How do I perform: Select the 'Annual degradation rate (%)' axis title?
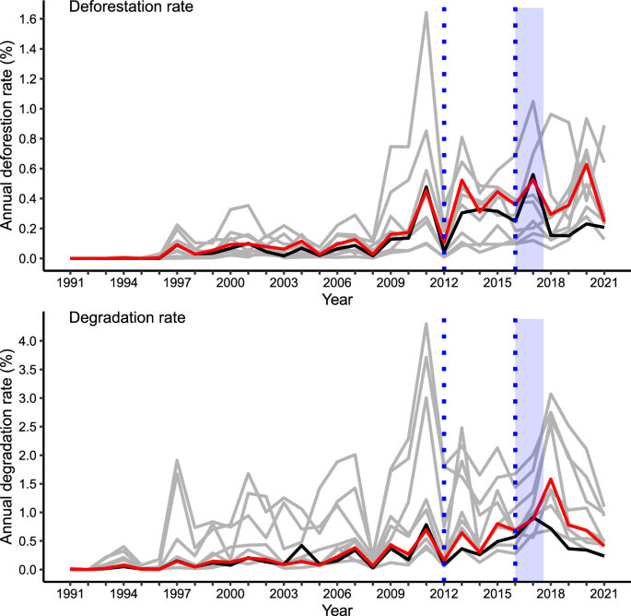11,447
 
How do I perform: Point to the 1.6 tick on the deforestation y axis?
40,18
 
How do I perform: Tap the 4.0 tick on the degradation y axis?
40,340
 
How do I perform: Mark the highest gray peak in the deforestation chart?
427,12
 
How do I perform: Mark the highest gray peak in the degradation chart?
427,323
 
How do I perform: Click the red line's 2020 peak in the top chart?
585,164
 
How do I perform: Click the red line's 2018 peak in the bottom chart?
550,479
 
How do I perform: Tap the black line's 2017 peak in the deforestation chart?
532,174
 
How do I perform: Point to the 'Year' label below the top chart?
338,300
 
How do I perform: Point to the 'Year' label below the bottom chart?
338,608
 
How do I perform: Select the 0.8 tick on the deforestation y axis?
40,138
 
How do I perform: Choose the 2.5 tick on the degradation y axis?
40,426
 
